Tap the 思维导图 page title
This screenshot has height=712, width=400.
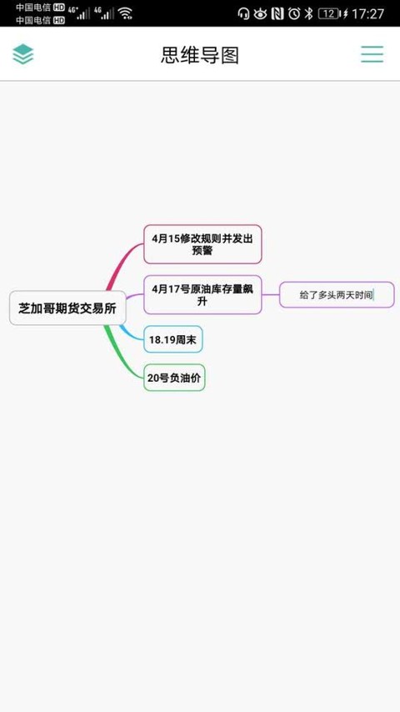click(x=200, y=55)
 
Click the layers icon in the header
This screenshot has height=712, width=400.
click(x=23, y=54)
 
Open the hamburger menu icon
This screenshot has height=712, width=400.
click(x=372, y=54)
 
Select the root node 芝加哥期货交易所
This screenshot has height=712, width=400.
click(x=67, y=308)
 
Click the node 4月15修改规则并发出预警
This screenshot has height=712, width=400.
click(x=202, y=244)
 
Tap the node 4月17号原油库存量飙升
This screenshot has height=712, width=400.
click(x=202, y=294)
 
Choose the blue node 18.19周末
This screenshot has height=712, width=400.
click(x=173, y=338)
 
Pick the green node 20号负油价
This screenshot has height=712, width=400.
click(x=174, y=378)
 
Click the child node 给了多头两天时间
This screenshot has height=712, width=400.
click(x=337, y=294)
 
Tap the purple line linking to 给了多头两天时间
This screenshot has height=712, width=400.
click(x=271, y=294)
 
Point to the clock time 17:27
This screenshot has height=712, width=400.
click(x=367, y=13)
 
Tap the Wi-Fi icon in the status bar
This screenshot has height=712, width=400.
click(x=125, y=13)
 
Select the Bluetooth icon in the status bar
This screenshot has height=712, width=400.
click(x=308, y=13)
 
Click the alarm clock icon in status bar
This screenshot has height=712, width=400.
click(x=294, y=13)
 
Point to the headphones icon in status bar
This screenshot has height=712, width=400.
click(x=244, y=13)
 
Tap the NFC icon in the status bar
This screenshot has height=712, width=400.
click(x=277, y=13)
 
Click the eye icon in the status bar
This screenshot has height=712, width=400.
click(x=260, y=13)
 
